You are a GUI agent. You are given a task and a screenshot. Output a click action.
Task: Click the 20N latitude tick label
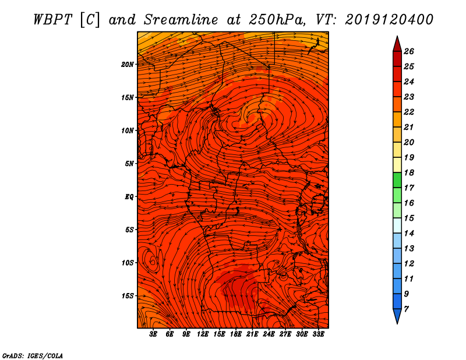coord(127,65)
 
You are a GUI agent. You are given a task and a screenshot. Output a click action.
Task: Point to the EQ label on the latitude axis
coord(129,197)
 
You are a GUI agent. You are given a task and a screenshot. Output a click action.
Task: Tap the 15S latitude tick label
coord(127,296)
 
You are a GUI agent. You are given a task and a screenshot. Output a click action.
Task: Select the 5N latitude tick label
coord(129,164)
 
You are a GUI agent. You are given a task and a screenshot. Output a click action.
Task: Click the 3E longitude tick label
coord(153,334)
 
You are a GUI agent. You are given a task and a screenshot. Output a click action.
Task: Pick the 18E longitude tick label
coord(235,334)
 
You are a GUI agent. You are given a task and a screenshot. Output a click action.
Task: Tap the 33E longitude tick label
coord(318,334)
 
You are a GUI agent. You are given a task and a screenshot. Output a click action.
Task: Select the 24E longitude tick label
coord(269,334)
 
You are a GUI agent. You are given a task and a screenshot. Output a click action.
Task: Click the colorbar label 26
coord(409,51)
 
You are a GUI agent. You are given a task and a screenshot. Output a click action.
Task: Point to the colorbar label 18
coord(409,172)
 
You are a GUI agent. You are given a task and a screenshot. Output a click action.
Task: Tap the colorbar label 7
coord(406,309)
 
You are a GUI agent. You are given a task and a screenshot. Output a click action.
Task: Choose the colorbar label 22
coord(409,112)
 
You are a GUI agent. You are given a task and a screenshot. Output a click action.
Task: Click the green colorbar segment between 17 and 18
coord(397,180)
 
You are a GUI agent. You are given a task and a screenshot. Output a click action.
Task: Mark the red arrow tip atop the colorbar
coord(397,36)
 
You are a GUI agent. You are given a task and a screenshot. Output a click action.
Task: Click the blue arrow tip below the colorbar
coord(397,323)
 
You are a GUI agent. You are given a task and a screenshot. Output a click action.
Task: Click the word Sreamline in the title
coord(181,20)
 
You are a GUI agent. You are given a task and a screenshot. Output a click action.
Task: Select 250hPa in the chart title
coord(277,20)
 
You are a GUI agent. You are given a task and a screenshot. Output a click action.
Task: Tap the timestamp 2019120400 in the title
coord(389,20)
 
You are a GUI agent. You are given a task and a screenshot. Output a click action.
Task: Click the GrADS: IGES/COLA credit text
coord(33,356)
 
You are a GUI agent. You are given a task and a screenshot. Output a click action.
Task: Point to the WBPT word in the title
coord(52,20)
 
